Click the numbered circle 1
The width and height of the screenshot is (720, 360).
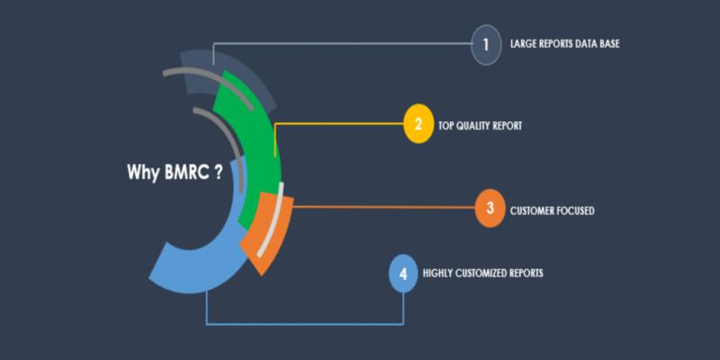(x=486, y=44)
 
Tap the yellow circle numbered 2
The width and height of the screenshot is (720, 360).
(x=418, y=124)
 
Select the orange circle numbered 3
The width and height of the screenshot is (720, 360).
(x=490, y=208)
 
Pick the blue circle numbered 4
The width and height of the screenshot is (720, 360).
(x=403, y=274)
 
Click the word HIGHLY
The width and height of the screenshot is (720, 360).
(x=437, y=274)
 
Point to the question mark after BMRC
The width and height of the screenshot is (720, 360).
(x=218, y=172)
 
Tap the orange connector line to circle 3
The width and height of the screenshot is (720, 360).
(x=384, y=208)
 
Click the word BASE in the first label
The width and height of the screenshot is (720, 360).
(x=609, y=44)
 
